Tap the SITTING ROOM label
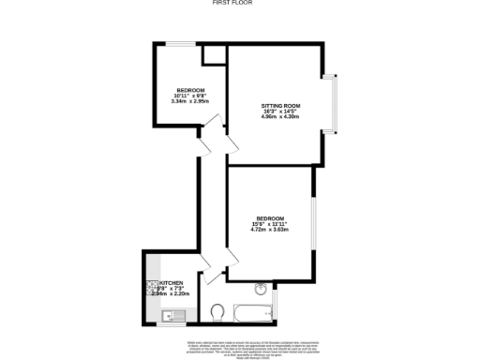tap(279, 106)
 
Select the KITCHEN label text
tap(172, 282)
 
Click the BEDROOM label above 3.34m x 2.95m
tap(190, 89)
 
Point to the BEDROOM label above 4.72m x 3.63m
tap(270, 218)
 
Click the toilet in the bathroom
tap(217, 310)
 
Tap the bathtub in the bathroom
tap(248, 309)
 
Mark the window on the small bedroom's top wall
tap(182, 43)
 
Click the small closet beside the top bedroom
tap(215, 54)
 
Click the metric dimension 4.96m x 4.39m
tap(279, 118)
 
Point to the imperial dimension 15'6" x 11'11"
tap(270, 224)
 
